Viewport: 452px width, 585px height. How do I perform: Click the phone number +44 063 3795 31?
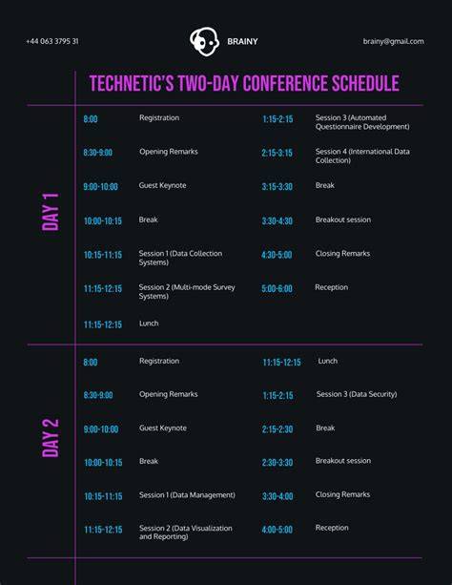coord(52,41)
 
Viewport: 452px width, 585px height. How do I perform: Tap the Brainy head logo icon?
coord(204,41)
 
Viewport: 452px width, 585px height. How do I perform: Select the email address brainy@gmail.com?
coord(394,41)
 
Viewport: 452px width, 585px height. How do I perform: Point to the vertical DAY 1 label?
coord(51,212)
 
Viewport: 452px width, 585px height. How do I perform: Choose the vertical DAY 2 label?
coord(51,438)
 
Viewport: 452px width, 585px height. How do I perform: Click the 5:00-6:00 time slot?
coord(277,288)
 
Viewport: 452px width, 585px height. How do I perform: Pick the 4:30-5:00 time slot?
coord(277,255)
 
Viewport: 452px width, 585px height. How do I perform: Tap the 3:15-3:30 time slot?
coord(277,186)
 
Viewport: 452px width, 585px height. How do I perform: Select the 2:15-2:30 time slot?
coord(277,429)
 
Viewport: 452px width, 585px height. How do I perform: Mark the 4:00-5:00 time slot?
coord(277,530)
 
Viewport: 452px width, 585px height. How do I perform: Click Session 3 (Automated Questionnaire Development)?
coord(362,122)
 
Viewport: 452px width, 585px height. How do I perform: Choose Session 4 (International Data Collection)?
coord(362,156)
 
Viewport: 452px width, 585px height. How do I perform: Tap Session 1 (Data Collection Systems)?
coord(180,258)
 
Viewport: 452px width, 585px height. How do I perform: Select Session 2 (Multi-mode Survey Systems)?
coord(187,291)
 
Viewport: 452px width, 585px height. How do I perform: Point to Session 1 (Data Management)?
coord(187,495)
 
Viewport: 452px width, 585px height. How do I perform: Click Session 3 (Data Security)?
coord(357,394)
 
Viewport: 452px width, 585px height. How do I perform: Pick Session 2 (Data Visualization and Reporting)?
coord(186,533)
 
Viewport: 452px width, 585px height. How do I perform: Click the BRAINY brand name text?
coord(242,41)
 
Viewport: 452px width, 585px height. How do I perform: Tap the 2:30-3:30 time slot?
coord(277,463)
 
